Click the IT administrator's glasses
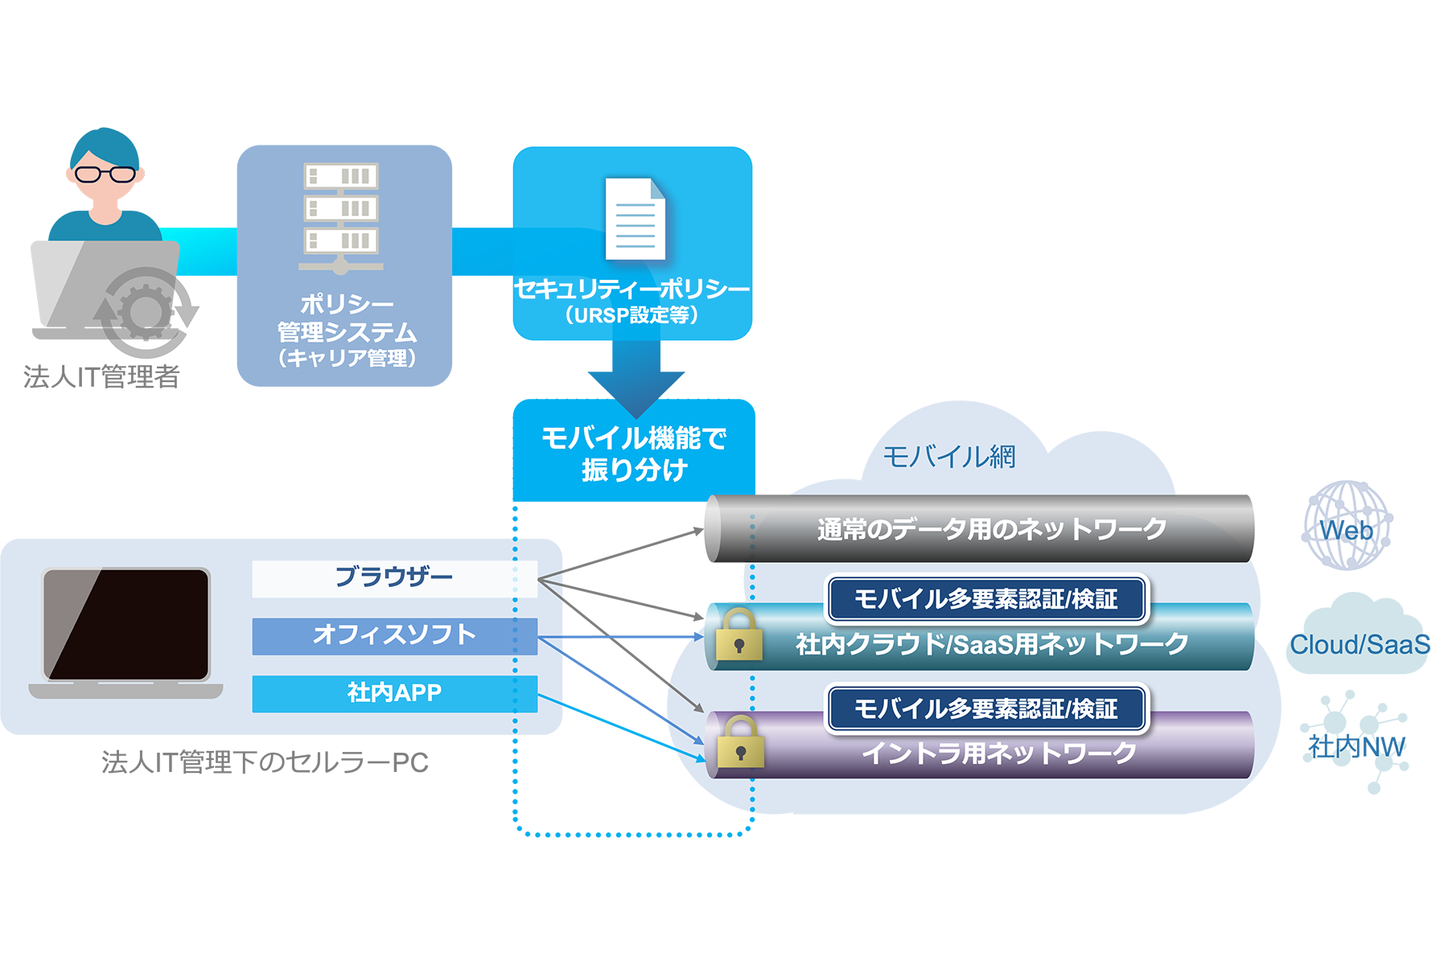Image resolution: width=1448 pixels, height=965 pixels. [105, 174]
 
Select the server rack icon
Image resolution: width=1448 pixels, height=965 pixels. [341, 216]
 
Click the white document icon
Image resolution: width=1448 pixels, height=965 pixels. [635, 219]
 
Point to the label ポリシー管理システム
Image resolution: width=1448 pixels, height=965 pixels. [346, 318]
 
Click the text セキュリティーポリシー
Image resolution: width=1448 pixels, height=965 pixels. [631, 289]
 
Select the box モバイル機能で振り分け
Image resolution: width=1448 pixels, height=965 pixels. [634, 453]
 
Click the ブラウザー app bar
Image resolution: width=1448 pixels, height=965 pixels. [394, 578]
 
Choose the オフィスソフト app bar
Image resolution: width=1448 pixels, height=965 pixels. [394, 636]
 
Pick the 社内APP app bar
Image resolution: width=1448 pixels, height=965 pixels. [394, 693]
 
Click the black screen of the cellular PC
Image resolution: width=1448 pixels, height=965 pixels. [127, 624]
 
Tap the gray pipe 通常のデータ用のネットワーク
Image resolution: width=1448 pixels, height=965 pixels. [989, 529]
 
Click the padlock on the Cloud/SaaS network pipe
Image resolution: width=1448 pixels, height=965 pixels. [738, 636]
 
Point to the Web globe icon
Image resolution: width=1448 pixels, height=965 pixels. [1347, 526]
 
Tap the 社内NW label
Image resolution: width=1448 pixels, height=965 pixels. [1356, 746]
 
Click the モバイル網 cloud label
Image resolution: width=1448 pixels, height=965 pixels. [949, 457]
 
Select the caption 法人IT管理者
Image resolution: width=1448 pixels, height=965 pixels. [101, 376]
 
